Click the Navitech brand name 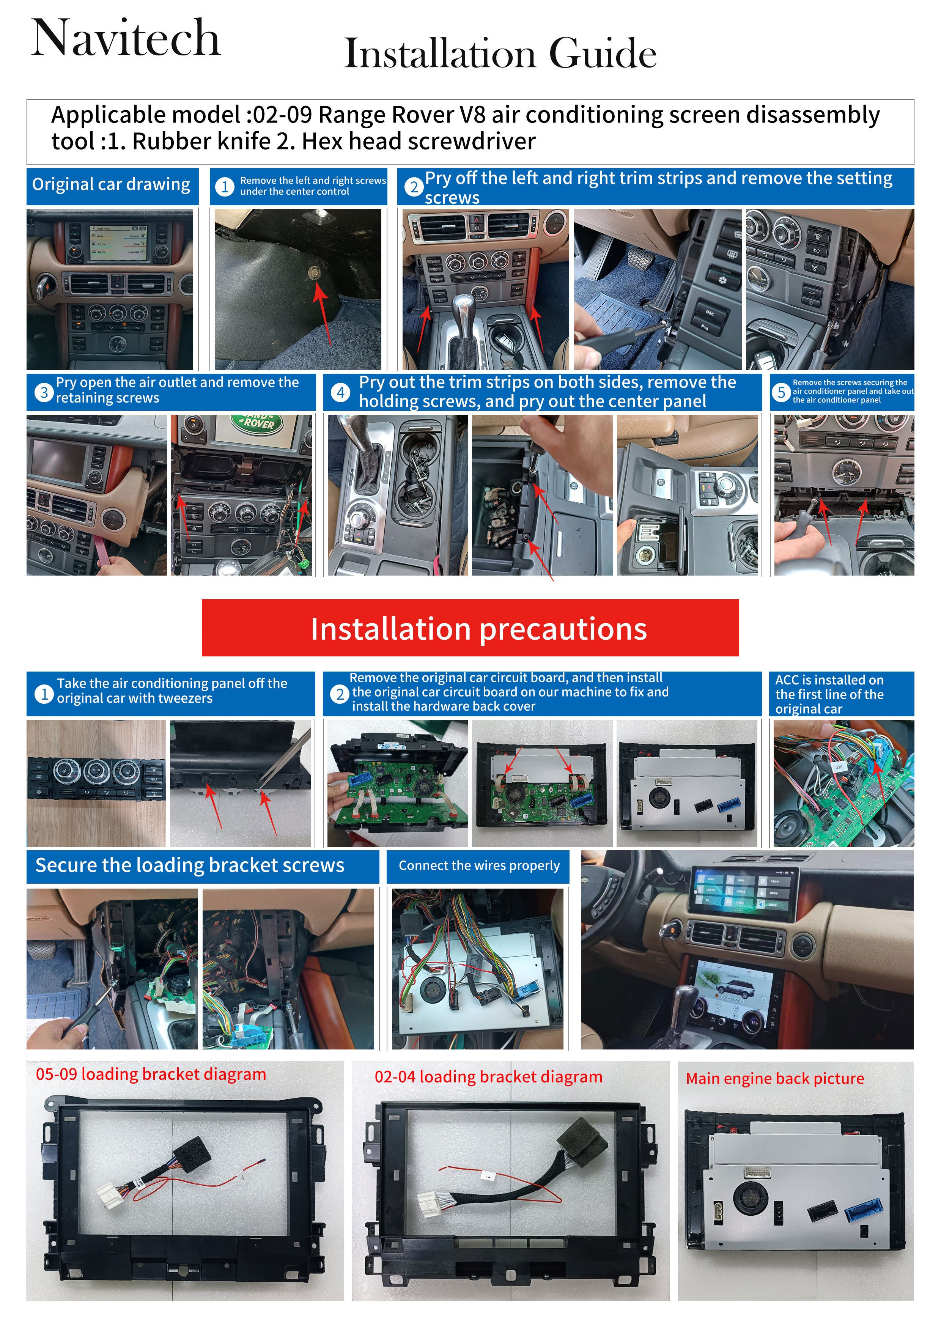click(x=126, y=38)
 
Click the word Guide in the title click(x=603, y=53)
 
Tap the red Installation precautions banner click(x=470, y=628)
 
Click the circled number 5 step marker click(x=781, y=392)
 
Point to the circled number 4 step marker click(x=341, y=392)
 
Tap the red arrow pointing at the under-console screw click(x=323, y=312)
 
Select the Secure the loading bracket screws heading click(x=190, y=865)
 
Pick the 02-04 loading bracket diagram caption click(x=488, y=1077)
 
